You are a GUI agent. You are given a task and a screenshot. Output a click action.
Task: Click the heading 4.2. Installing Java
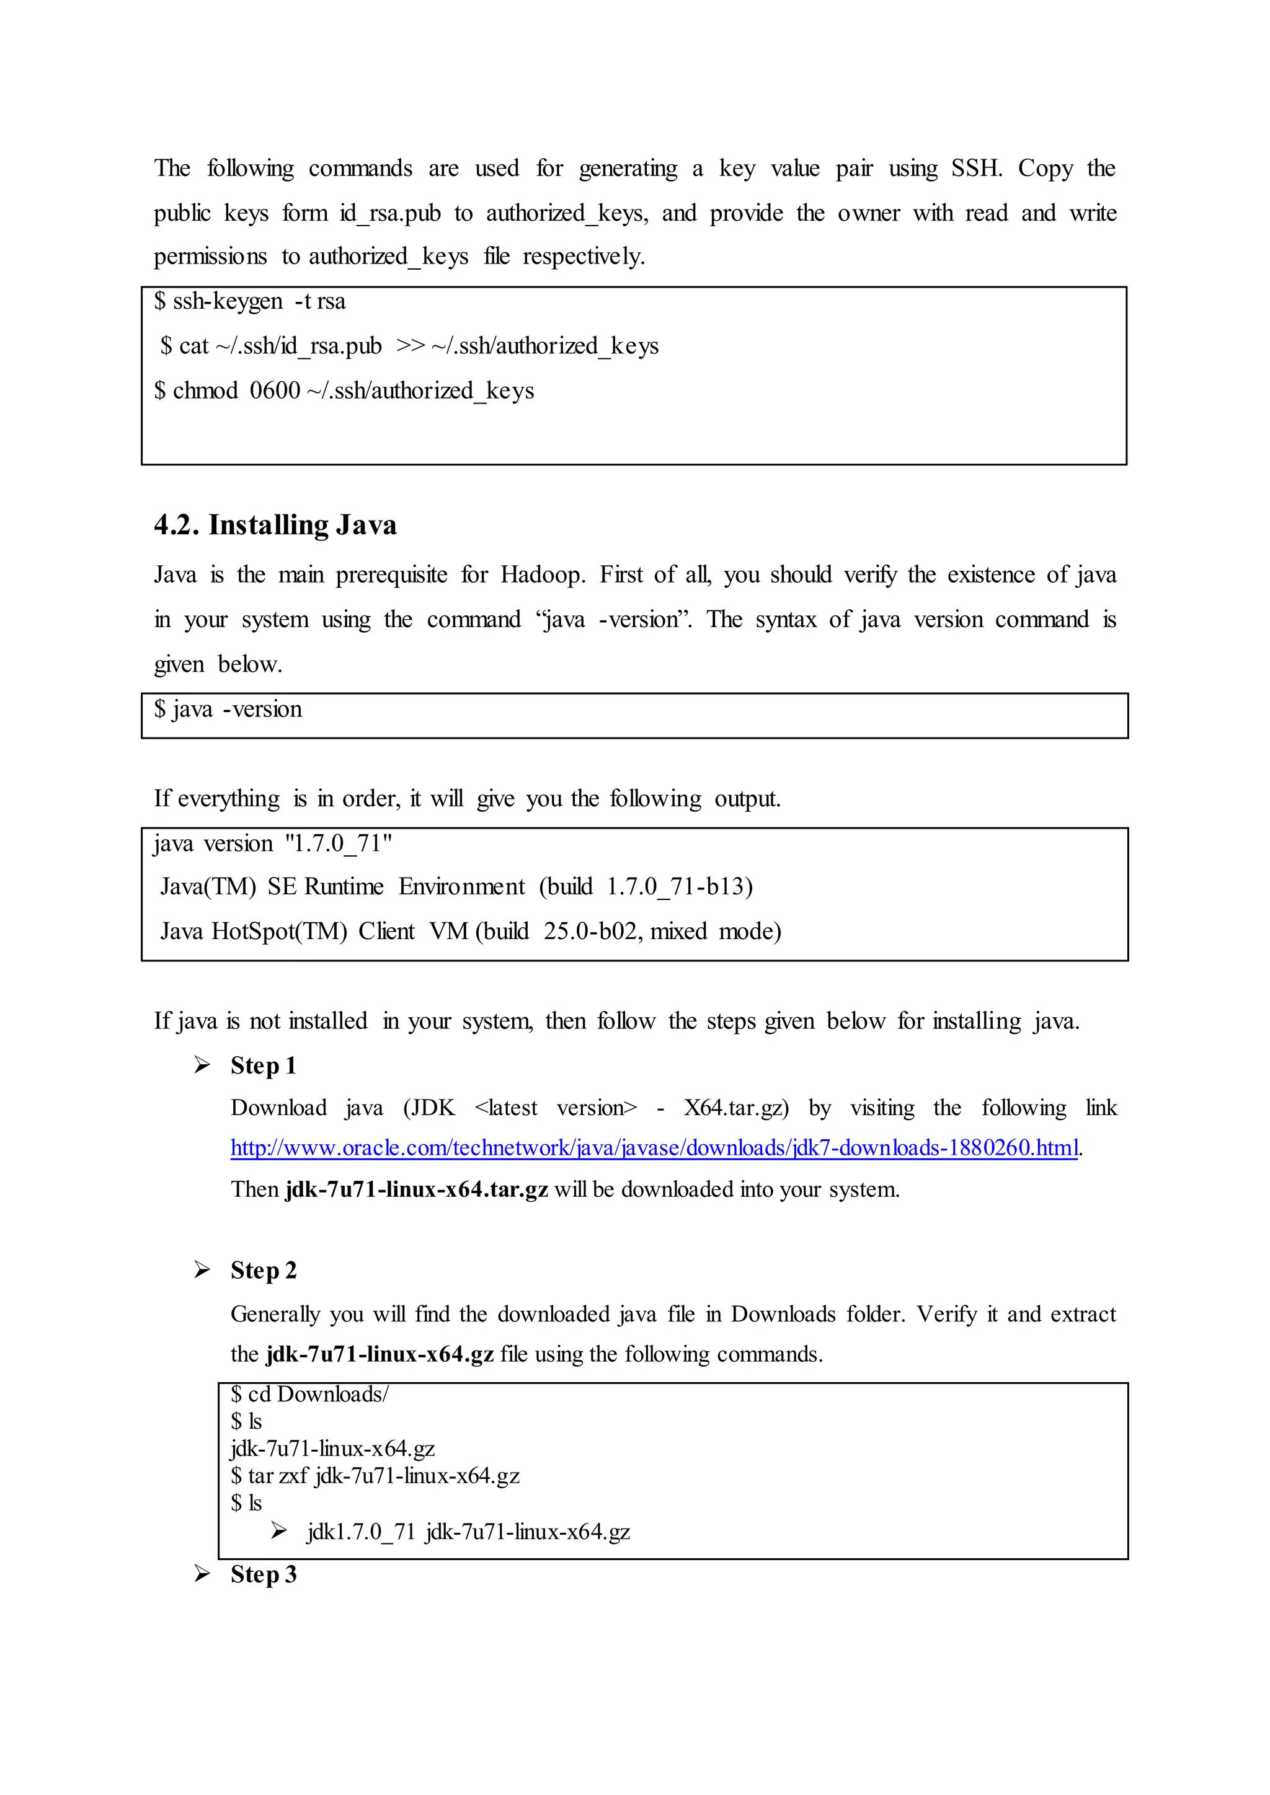[x=275, y=524]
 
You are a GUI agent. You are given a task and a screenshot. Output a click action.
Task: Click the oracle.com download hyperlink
[x=654, y=1148]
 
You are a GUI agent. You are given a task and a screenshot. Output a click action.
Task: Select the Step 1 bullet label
[x=263, y=1065]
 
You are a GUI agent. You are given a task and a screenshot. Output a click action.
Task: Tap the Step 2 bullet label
[x=263, y=1271]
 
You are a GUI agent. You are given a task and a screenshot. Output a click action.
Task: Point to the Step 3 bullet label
[x=263, y=1574]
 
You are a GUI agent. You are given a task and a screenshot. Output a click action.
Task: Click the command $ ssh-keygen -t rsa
[x=249, y=301]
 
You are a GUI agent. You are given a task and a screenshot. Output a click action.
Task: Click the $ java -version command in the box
[x=228, y=709]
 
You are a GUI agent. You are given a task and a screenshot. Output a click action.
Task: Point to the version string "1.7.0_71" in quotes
[x=339, y=843]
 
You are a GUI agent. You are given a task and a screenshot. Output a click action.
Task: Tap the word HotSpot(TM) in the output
[x=279, y=931]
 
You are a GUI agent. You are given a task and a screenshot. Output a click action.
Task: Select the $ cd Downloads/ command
[x=309, y=1394]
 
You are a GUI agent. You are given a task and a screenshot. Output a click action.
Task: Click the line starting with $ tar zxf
[x=375, y=1475]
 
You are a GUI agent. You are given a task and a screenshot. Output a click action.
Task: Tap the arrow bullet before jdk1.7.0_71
[x=279, y=1531]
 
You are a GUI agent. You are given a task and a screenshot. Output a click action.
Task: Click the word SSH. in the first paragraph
[x=976, y=168]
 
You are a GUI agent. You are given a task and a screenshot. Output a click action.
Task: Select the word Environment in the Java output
[x=461, y=886]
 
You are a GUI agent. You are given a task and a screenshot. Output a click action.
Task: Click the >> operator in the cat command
[x=410, y=346]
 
